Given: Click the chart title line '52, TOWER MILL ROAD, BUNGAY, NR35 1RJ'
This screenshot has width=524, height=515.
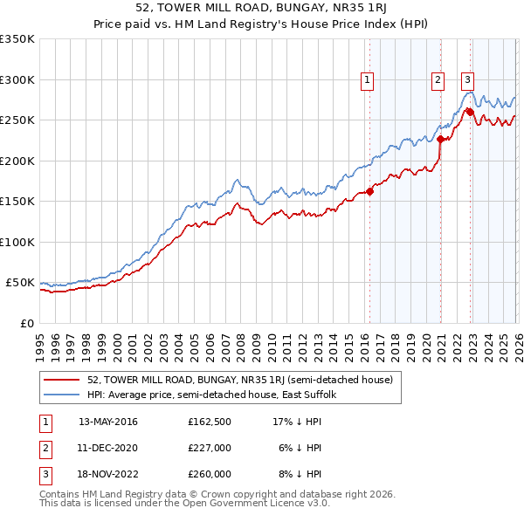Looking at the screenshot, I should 262,8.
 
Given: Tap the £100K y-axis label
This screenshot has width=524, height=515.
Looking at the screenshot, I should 17,242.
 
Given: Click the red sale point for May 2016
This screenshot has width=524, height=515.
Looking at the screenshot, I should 369,191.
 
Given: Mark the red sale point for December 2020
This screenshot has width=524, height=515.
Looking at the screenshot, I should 441,139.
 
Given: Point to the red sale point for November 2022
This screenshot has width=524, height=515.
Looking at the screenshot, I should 471,112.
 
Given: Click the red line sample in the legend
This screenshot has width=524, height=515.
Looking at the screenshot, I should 62,381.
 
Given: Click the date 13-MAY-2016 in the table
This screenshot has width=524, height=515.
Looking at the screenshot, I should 108,422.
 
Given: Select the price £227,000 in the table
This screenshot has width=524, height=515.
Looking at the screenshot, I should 210,448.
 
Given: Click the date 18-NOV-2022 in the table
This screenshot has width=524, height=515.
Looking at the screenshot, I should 108,474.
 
